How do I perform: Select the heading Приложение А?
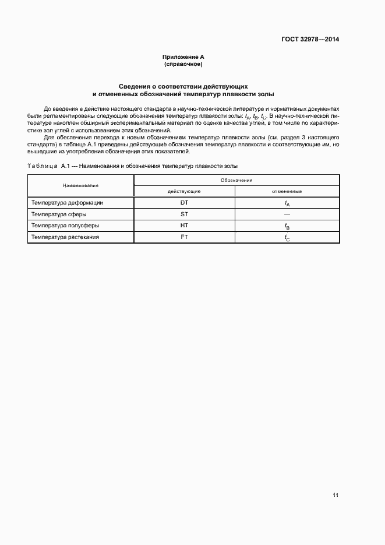click(x=183, y=57)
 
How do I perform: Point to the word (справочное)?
click(x=183, y=64)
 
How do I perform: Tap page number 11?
click(x=335, y=495)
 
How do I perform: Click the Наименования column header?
click(x=80, y=185)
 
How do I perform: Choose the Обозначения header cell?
click(x=236, y=180)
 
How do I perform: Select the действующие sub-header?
click(x=184, y=191)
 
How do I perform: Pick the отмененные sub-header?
click(x=287, y=191)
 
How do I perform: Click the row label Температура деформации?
click(x=68, y=203)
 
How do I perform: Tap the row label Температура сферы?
click(x=59, y=214)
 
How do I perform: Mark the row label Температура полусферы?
click(x=65, y=225)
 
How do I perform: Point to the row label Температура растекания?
click(x=65, y=237)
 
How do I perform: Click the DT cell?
click(x=184, y=203)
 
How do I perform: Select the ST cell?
click(x=184, y=214)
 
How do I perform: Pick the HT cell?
click(x=184, y=225)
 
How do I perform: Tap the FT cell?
click(x=184, y=237)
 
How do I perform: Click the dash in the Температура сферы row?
click(x=287, y=214)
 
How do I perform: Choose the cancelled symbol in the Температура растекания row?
click(x=287, y=238)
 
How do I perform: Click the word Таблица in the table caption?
click(x=43, y=166)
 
